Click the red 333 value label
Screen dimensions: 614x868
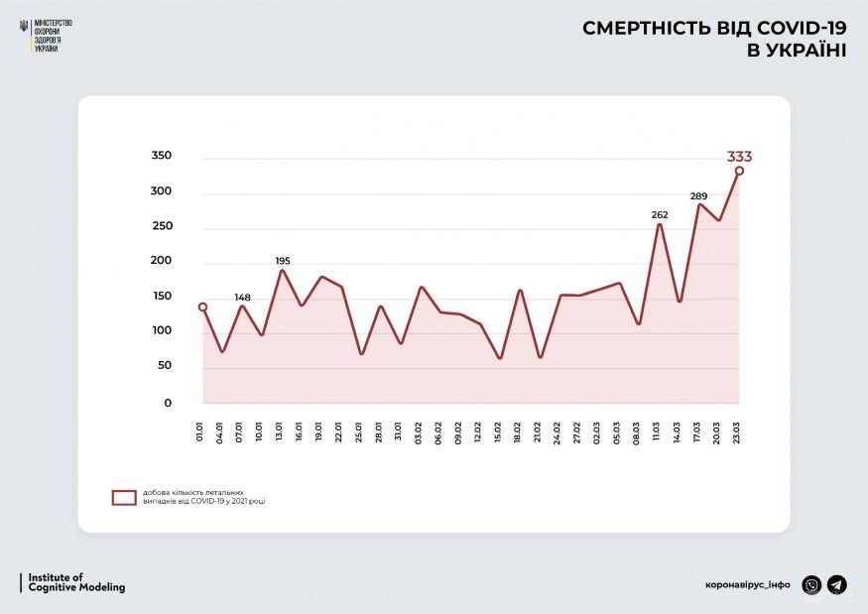(x=740, y=156)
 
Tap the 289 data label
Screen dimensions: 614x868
(x=698, y=196)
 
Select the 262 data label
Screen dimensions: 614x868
(x=660, y=214)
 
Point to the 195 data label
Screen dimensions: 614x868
(x=283, y=261)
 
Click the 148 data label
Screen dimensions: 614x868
(x=243, y=297)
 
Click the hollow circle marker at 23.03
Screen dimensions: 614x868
(x=739, y=171)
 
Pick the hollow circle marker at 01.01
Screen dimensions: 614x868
(x=202, y=307)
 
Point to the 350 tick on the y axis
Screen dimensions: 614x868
(x=162, y=157)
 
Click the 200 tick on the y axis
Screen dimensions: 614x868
(x=162, y=262)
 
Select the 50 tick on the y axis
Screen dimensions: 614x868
(x=165, y=366)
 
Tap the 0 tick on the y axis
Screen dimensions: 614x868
(x=168, y=403)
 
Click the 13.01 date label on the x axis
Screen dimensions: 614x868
(x=280, y=433)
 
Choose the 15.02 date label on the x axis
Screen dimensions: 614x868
(x=498, y=433)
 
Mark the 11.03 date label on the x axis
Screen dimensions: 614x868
(x=657, y=433)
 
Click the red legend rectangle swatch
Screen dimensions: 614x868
(x=124, y=498)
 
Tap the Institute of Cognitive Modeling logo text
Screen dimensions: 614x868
(x=76, y=582)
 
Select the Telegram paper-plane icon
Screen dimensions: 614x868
(x=837, y=584)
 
